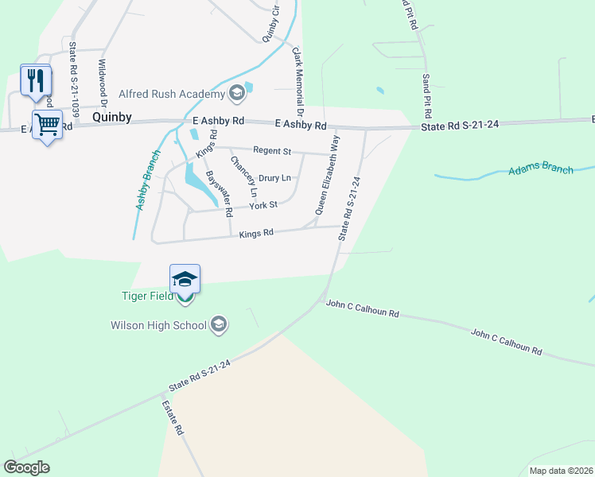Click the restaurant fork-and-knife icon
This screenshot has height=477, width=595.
coord(35,80)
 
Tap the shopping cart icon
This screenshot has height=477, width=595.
coord(48,123)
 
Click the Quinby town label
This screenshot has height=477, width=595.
coord(111,116)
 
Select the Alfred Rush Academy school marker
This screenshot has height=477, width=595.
coord(236,94)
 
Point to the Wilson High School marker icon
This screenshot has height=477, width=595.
coord(220,324)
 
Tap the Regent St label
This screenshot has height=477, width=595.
coord(272,150)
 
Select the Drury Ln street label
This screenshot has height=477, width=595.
coord(274,177)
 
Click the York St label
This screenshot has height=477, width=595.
coord(262,205)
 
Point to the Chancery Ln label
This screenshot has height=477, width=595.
coord(243,176)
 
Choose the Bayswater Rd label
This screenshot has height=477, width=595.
coord(219,193)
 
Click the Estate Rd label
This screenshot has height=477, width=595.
coord(173,417)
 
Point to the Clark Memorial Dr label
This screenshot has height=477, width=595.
coord(299,81)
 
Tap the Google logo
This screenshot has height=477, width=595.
coord(26,467)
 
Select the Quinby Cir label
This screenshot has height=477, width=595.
coord(271,24)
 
